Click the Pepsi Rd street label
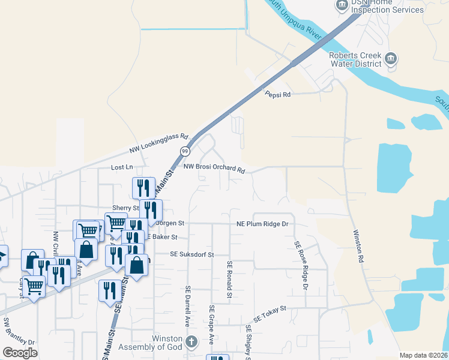(x=278, y=94)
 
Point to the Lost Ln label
(x=121, y=167)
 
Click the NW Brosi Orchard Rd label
(x=214, y=168)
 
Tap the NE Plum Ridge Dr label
(x=262, y=224)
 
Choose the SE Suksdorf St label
(x=192, y=254)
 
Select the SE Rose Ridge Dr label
(x=300, y=266)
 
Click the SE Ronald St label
(x=229, y=279)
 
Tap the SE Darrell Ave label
(x=187, y=306)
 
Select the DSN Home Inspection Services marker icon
(x=342, y=5)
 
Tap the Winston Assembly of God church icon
(x=191, y=343)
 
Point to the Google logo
(x=20, y=353)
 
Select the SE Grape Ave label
(x=211, y=325)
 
